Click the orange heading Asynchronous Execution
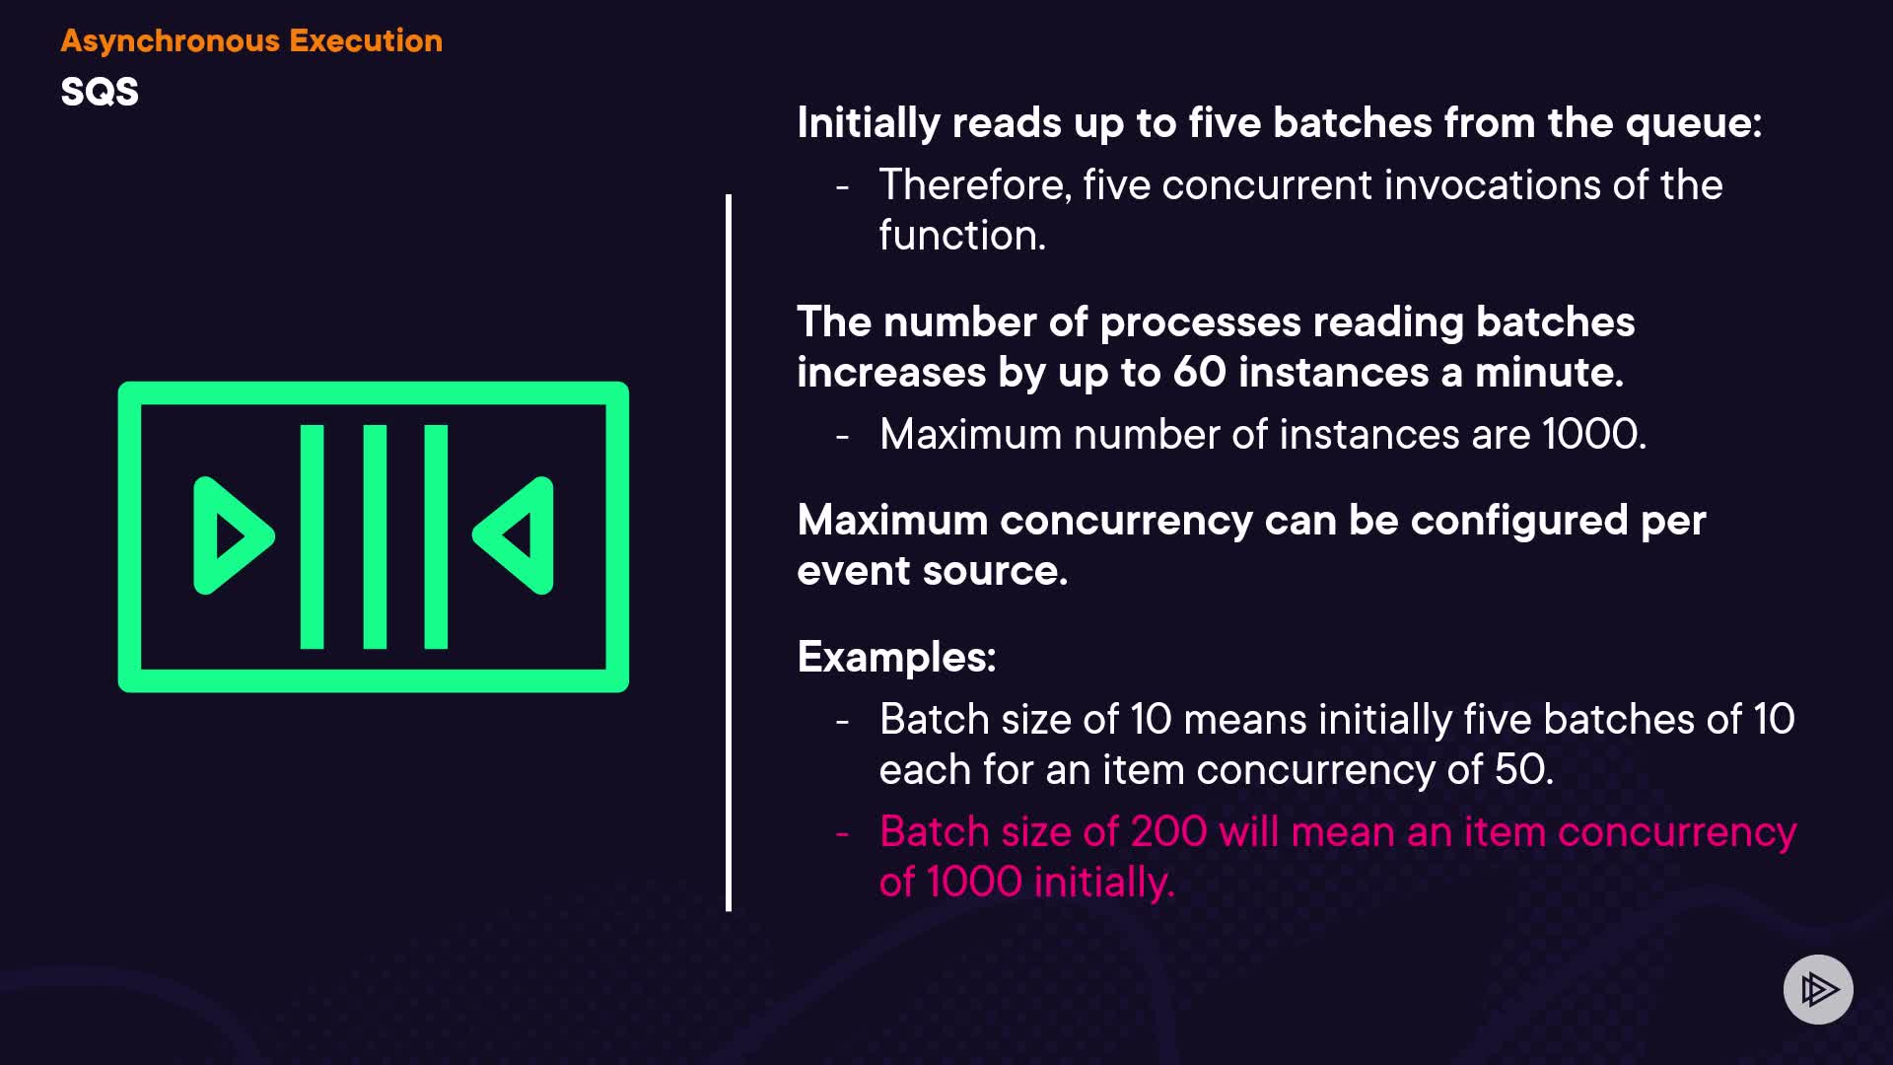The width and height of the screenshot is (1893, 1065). [x=251, y=40]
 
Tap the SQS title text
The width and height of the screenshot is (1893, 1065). [x=100, y=92]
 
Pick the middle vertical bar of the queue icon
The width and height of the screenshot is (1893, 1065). [x=375, y=536]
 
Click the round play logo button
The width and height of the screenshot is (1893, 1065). [x=1818, y=989]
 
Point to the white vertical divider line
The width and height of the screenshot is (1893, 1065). [x=729, y=552]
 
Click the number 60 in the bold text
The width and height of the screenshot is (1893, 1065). [x=1199, y=373]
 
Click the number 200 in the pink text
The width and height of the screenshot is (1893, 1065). [x=1168, y=831]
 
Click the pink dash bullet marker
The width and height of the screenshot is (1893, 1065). [x=842, y=834]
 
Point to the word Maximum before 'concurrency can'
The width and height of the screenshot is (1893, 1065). [x=892, y=521]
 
